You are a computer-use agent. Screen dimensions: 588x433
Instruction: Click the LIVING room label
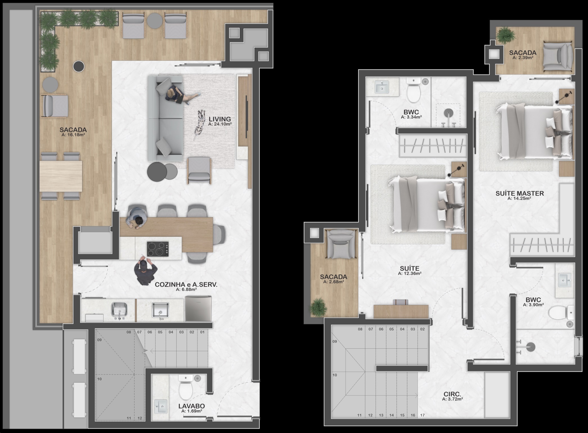coord(220,119)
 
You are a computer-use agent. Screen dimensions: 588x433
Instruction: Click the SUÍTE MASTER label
coord(520,193)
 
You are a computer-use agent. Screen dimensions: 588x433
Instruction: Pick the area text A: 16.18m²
coord(73,135)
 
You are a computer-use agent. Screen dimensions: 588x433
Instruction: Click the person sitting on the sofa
coord(180,95)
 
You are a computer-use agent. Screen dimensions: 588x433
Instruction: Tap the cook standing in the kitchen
coord(145,270)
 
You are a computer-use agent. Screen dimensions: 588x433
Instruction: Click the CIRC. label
coord(453,394)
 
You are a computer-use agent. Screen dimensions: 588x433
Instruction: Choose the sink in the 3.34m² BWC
coord(382,87)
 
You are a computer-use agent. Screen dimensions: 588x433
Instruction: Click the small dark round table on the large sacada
coord(79,66)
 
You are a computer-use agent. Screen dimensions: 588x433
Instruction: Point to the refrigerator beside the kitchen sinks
coord(198,308)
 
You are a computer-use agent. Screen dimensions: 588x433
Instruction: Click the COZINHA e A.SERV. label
coord(186,284)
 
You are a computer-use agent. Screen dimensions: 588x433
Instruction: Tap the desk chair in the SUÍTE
coord(400,302)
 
